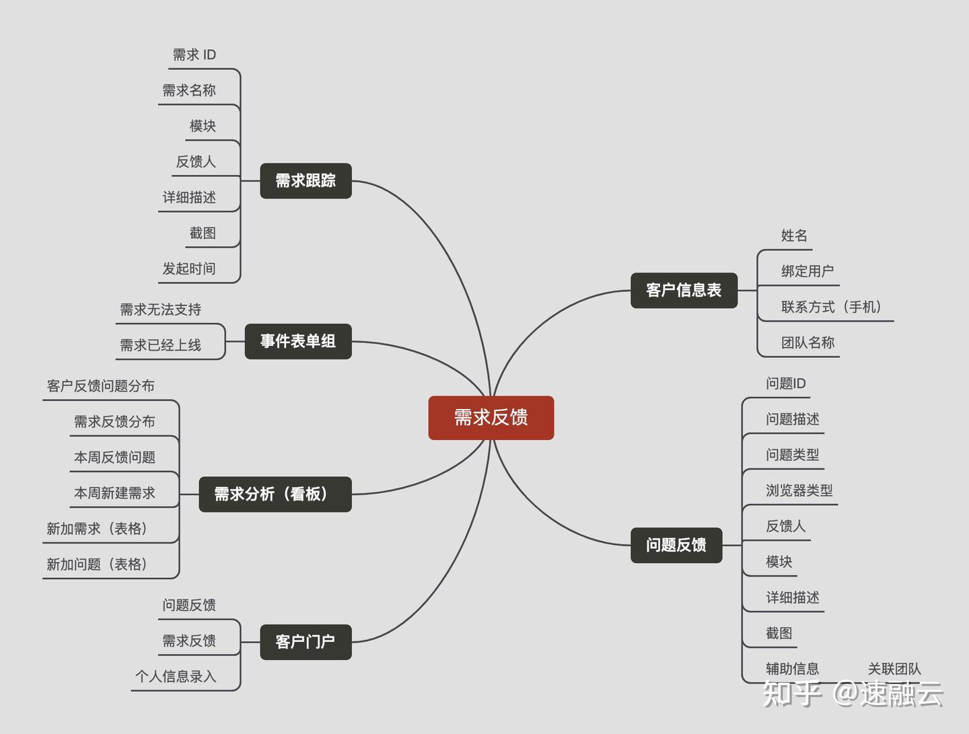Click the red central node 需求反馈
tap(491, 418)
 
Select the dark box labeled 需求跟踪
tap(306, 180)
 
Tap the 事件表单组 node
tap(297, 341)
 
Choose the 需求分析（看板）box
tap(275, 494)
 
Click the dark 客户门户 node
tap(306, 642)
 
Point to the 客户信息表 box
tap(684, 290)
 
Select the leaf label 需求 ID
tap(194, 54)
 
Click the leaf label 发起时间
tap(189, 268)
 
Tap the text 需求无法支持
tap(160, 309)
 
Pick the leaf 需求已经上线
tap(160, 345)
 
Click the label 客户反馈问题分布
tap(101, 386)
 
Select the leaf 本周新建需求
tap(114, 493)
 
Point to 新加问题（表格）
tap(97, 564)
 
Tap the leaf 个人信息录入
tap(176, 676)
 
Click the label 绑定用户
tap(808, 271)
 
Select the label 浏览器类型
tap(799, 490)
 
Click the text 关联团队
tap(894, 669)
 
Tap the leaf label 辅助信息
tap(793, 669)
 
